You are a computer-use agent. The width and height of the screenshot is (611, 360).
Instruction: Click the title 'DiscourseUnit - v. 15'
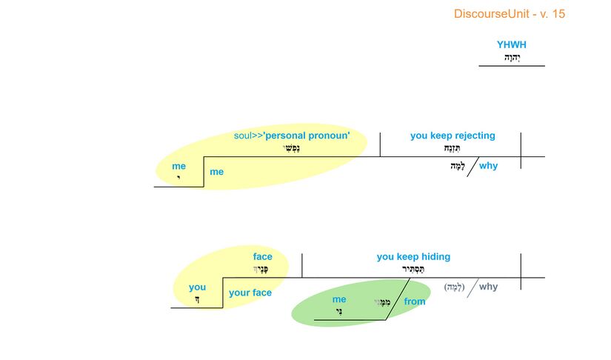click(509, 14)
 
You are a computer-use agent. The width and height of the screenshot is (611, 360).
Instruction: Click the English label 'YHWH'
click(512, 45)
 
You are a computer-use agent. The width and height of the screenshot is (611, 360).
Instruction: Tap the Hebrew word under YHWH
click(512, 57)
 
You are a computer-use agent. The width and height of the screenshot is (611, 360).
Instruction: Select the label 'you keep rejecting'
click(453, 136)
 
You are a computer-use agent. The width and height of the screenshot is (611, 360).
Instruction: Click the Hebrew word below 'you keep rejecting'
click(453, 148)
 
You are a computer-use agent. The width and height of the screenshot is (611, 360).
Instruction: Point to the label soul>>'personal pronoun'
click(296, 136)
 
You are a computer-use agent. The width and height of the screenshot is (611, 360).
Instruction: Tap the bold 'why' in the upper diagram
click(488, 166)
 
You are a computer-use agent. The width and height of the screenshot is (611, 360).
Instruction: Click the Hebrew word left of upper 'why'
click(457, 167)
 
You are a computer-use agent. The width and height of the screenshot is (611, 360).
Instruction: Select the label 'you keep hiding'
click(413, 257)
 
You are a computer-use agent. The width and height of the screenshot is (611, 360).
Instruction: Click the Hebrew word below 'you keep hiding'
click(414, 270)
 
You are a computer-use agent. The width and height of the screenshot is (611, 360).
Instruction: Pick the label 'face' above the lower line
click(262, 257)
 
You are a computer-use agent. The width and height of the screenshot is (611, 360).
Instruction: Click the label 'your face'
click(250, 293)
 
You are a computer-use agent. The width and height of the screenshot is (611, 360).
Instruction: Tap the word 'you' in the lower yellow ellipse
click(197, 287)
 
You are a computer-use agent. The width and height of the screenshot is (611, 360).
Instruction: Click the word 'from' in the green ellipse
click(415, 301)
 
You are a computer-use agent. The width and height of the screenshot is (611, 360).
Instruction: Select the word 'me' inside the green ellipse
click(339, 300)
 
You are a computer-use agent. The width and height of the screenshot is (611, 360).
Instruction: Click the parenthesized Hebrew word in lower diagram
click(454, 287)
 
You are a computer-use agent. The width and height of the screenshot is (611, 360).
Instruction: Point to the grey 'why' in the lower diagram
click(488, 287)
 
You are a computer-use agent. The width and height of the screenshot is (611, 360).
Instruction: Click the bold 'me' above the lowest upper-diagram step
click(178, 167)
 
